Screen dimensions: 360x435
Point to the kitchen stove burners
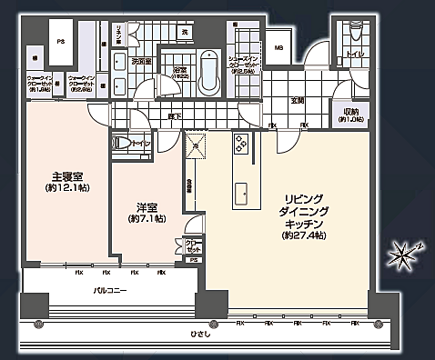pyautogui.click(x=243, y=143)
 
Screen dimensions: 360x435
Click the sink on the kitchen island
pyautogui.click(x=244, y=193)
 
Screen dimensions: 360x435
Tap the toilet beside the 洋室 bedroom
pyautogui.click(x=121, y=144)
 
